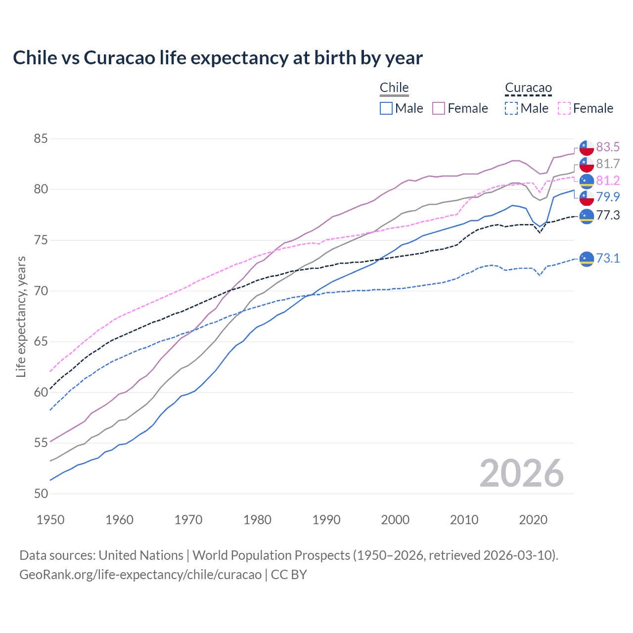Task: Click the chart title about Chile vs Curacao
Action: click(x=218, y=58)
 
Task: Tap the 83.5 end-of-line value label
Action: click(x=608, y=147)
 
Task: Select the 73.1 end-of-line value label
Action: click(x=608, y=258)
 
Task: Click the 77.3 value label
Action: click(x=608, y=215)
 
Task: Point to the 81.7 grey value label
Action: click(x=608, y=164)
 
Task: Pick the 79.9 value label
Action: click(x=608, y=197)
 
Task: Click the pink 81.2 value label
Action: click(x=608, y=181)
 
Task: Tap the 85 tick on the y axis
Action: click(x=41, y=139)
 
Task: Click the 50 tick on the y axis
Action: click(x=41, y=494)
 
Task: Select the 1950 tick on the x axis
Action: click(x=50, y=520)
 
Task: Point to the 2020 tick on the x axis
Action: click(x=533, y=520)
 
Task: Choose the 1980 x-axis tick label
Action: click(x=257, y=520)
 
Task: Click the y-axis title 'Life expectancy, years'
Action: click(x=21, y=316)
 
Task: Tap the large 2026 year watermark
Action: click(x=521, y=473)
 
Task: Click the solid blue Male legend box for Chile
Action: click(x=386, y=108)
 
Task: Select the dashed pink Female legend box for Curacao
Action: click(x=564, y=108)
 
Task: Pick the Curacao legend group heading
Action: click(x=528, y=88)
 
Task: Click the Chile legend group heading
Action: click(x=394, y=88)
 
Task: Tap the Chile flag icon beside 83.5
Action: click(x=587, y=147)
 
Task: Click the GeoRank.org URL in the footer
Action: click(x=140, y=575)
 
